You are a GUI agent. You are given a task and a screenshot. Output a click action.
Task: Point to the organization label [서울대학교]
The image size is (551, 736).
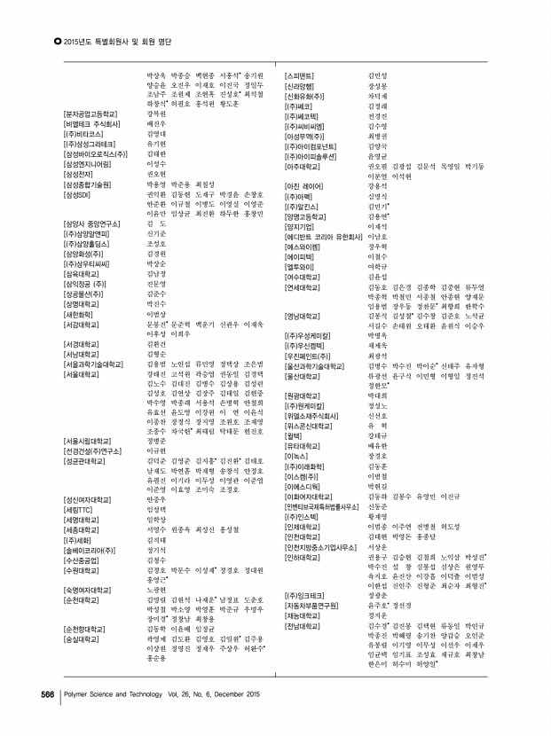coord(81,374)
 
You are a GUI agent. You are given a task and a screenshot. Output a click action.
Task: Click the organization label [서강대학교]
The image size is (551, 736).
coord(81,325)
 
